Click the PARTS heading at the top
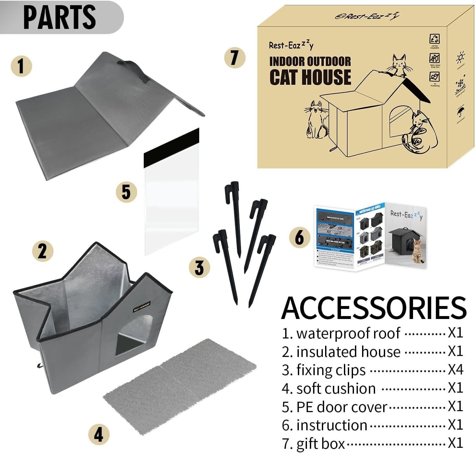pyautogui.click(x=60, y=17)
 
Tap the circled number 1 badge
pyautogui.click(x=21, y=66)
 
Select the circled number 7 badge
pyautogui.click(x=235, y=57)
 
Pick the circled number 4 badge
pyautogui.click(x=99, y=434)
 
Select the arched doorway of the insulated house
pyautogui.click(x=135, y=336)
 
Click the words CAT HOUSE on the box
pyautogui.click(x=310, y=77)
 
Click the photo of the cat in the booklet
pyautogui.click(x=418, y=254)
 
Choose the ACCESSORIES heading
pyautogui.click(x=374, y=307)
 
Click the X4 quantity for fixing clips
pyautogui.click(x=455, y=370)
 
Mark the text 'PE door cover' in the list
pyautogui.click(x=342, y=407)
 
